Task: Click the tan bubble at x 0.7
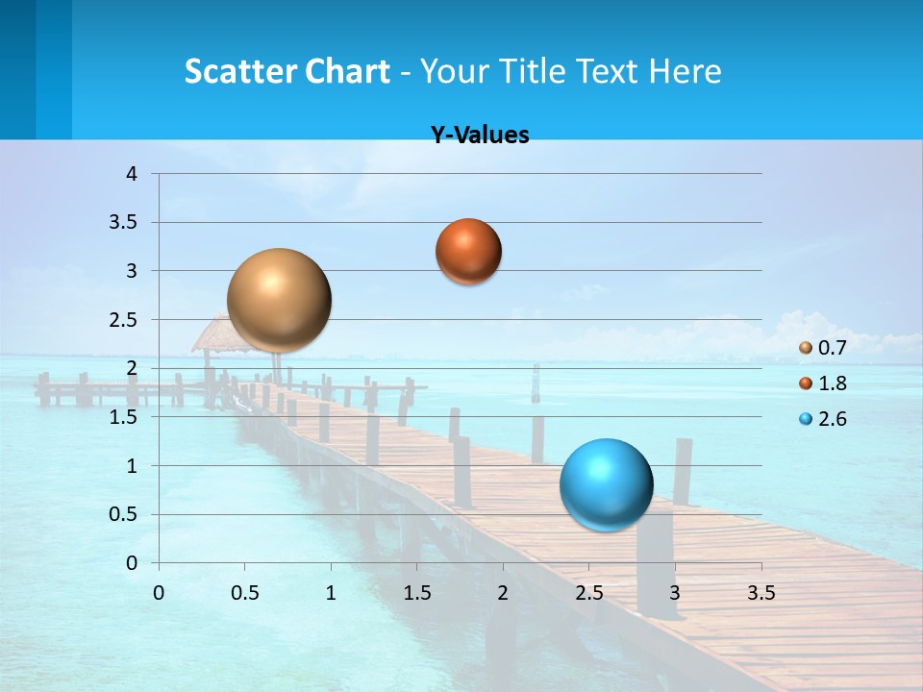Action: pos(279,300)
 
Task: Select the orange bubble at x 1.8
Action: pos(468,251)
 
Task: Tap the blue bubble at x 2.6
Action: pos(606,484)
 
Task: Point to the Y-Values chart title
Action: pos(479,136)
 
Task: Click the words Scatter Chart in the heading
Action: pos(287,71)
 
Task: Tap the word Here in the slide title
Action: pos(685,71)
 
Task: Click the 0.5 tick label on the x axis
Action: pos(245,593)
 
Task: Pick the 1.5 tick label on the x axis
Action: pos(417,593)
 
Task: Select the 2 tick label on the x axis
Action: pos(503,593)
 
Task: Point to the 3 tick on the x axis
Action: pos(675,593)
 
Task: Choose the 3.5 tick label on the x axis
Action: pos(761,593)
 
